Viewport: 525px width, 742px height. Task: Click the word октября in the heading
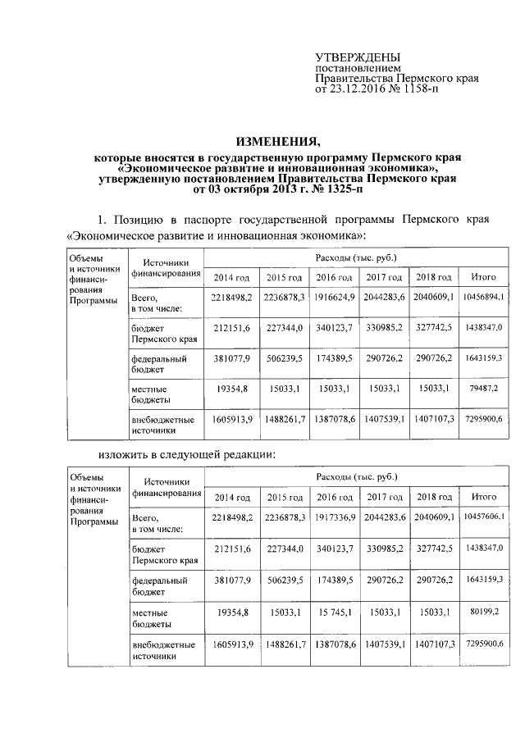[248, 189]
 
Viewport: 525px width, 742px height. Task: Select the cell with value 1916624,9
[334, 295]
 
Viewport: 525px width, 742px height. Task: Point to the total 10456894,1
[484, 295]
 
